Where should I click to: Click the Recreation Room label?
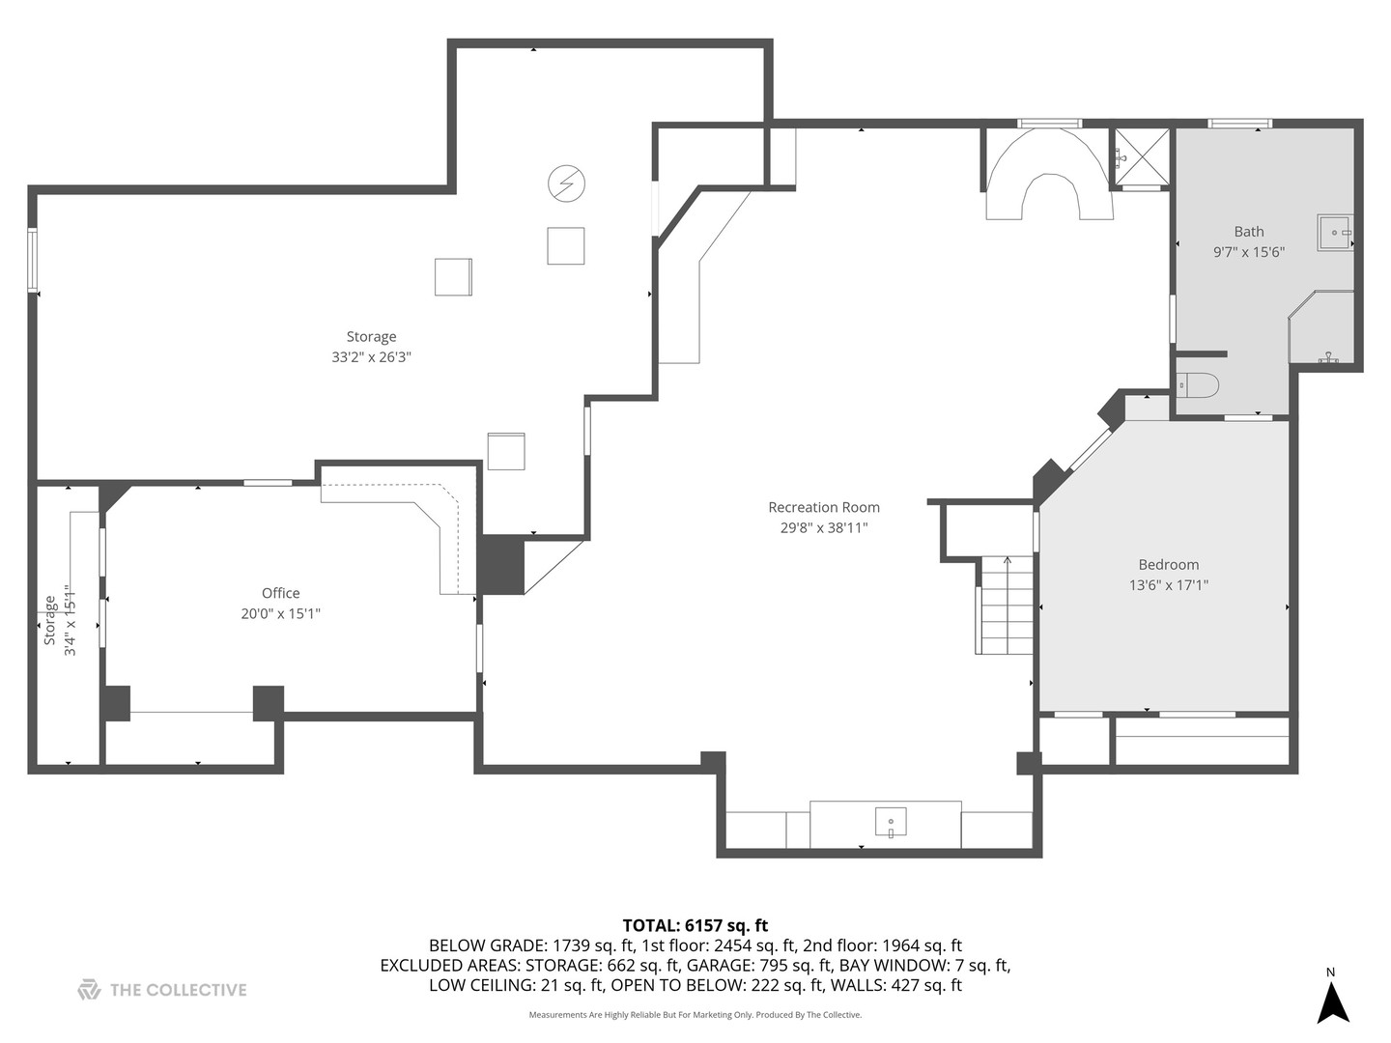click(823, 507)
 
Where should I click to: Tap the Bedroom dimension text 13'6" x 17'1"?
click(1168, 585)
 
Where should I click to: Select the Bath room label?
click(1248, 231)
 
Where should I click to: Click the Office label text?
click(280, 593)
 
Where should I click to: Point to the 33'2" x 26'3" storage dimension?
click(371, 357)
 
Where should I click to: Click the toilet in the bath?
click(1198, 385)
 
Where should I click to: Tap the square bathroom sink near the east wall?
click(1335, 233)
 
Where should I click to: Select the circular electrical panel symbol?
click(566, 183)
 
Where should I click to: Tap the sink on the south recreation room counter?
click(890, 823)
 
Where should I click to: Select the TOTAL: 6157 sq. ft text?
click(695, 925)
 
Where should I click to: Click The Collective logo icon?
click(89, 989)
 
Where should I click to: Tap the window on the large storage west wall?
click(32, 260)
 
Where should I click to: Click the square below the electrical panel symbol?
click(565, 245)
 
